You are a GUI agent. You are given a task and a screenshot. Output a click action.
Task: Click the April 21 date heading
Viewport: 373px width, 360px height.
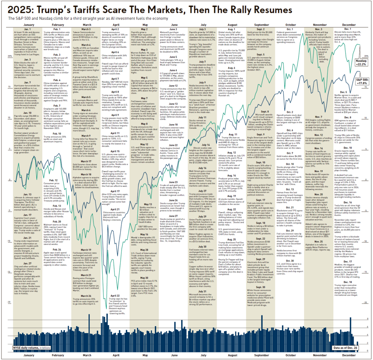[114, 209]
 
